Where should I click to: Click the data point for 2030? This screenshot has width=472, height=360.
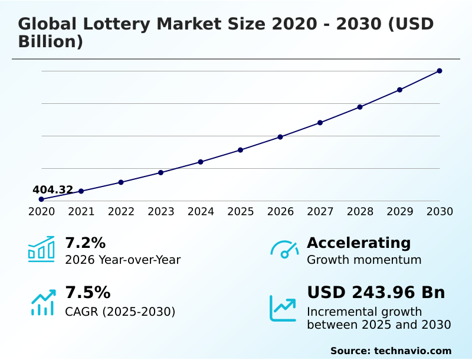point(440,71)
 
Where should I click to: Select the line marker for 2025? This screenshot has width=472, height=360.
point(241,150)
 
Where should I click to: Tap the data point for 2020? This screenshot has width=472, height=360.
point(41,199)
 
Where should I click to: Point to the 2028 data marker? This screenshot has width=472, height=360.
point(360,107)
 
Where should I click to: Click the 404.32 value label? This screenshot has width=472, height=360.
point(53,189)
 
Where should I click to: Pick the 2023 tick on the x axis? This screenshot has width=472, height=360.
point(161,211)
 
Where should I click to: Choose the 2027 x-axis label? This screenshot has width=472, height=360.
point(320,211)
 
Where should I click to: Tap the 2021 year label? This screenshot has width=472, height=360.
point(81,211)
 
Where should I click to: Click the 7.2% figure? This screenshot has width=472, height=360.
point(85,243)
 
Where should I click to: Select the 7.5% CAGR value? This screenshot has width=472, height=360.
point(87,293)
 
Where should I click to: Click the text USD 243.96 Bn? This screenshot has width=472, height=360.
point(376,293)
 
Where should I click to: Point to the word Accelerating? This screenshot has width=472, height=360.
point(359,243)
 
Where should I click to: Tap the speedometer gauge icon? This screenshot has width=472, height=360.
point(284,249)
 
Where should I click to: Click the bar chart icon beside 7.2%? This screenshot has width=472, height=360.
point(41,249)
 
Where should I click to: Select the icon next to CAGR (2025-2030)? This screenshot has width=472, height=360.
point(42,302)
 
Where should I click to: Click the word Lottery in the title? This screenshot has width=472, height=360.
point(116,24)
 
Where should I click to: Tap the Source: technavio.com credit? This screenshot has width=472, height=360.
point(391,351)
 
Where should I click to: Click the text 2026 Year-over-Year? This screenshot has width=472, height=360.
point(123,260)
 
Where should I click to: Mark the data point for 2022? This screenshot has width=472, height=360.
point(121,182)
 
